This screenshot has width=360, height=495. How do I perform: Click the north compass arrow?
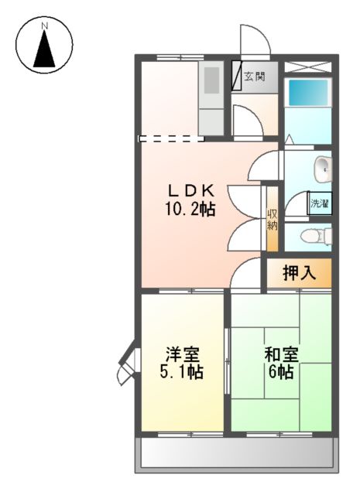[x=45, y=50]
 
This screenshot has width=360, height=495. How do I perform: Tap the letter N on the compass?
[x=45, y=26]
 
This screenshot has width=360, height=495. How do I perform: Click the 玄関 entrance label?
[x=255, y=76]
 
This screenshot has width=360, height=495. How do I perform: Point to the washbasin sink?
[x=322, y=166]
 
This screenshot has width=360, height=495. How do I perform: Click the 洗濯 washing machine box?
[x=320, y=203]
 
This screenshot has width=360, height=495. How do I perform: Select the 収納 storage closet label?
[x=273, y=220]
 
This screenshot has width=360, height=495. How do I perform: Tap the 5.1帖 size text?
[x=183, y=372]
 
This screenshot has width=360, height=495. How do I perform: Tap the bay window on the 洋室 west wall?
[x=128, y=364]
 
